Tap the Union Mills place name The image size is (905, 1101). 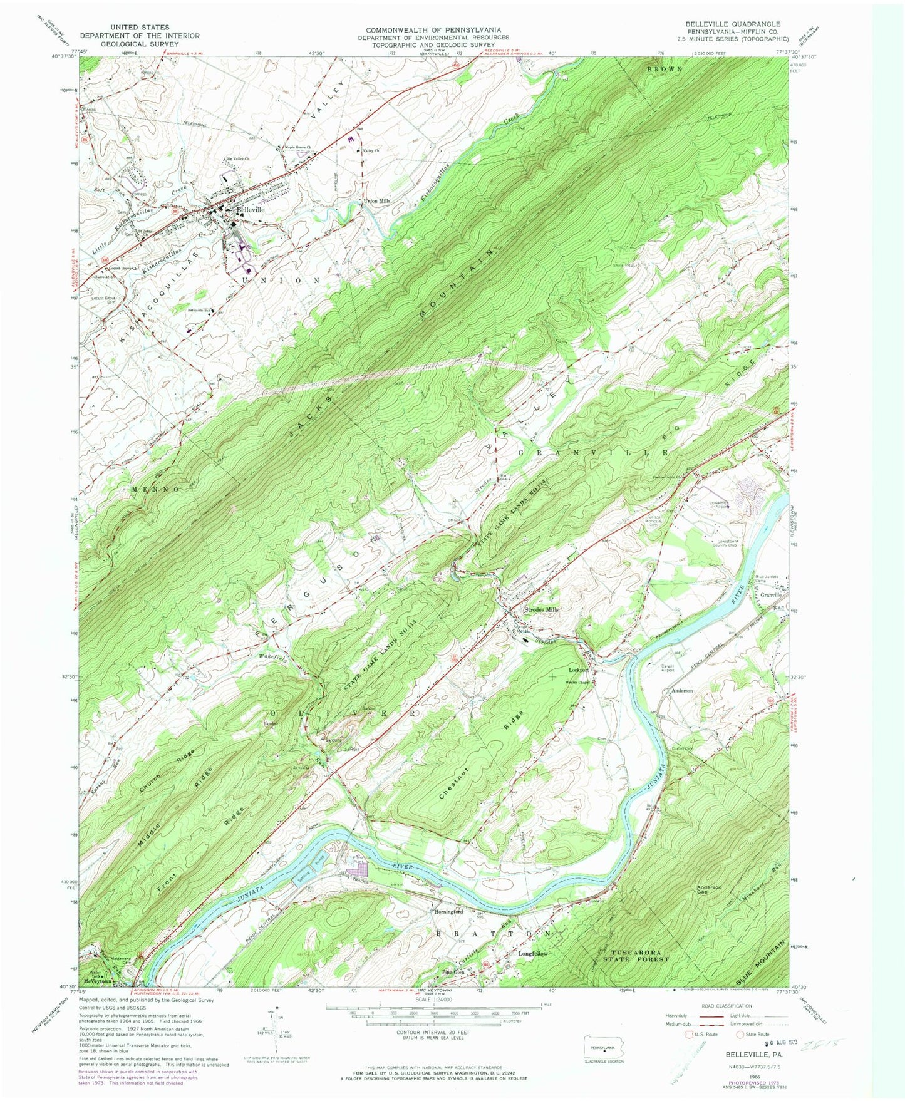377,201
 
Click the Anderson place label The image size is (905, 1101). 682,690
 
